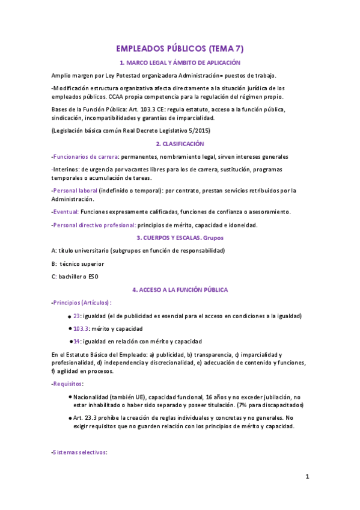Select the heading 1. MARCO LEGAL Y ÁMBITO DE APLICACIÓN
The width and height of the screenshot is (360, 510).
click(180, 63)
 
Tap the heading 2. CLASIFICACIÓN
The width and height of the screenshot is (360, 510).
click(180, 144)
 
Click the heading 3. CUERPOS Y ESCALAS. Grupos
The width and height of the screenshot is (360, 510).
click(180, 238)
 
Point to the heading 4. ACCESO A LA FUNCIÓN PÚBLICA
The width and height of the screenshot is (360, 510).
click(180, 289)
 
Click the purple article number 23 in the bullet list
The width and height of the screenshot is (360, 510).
click(77, 316)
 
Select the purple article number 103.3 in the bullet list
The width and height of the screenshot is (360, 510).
click(81, 329)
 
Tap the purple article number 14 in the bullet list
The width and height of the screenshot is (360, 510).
click(77, 341)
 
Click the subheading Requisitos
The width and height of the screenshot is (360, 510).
click(68, 384)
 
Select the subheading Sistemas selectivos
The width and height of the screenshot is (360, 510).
click(80, 452)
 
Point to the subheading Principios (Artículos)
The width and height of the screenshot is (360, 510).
click(82, 303)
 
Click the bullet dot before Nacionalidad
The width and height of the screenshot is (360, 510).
click(70, 397)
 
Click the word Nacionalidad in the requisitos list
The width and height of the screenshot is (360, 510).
click(93, 398)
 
